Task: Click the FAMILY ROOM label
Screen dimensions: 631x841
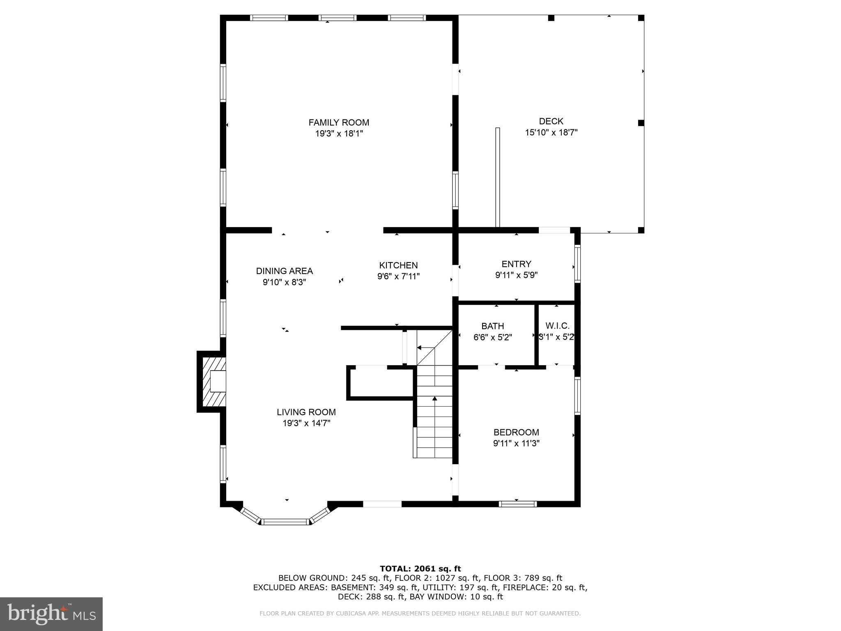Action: point(339,122)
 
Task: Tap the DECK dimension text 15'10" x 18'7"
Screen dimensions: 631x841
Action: point(551,133)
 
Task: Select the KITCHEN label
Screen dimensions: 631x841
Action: point(398,265)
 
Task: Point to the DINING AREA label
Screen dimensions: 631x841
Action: point(284,271)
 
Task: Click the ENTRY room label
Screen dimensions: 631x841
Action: point(516,264)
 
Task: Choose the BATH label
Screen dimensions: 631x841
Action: point(492,326)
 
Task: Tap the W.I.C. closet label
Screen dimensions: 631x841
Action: point(557,326)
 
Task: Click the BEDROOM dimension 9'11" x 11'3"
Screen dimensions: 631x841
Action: point(516,443)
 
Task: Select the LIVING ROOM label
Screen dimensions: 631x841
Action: point(306,412)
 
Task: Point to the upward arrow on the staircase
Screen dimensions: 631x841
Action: point(434,398)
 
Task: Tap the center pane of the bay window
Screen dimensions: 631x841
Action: point(285,522)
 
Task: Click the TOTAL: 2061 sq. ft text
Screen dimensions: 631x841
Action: point(420,569)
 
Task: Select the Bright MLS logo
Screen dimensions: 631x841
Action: point(51,614)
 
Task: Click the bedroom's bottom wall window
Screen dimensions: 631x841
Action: point(517,504)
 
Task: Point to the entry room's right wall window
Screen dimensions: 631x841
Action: point(577,263)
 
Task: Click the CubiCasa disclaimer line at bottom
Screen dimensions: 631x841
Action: point(420,613)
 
